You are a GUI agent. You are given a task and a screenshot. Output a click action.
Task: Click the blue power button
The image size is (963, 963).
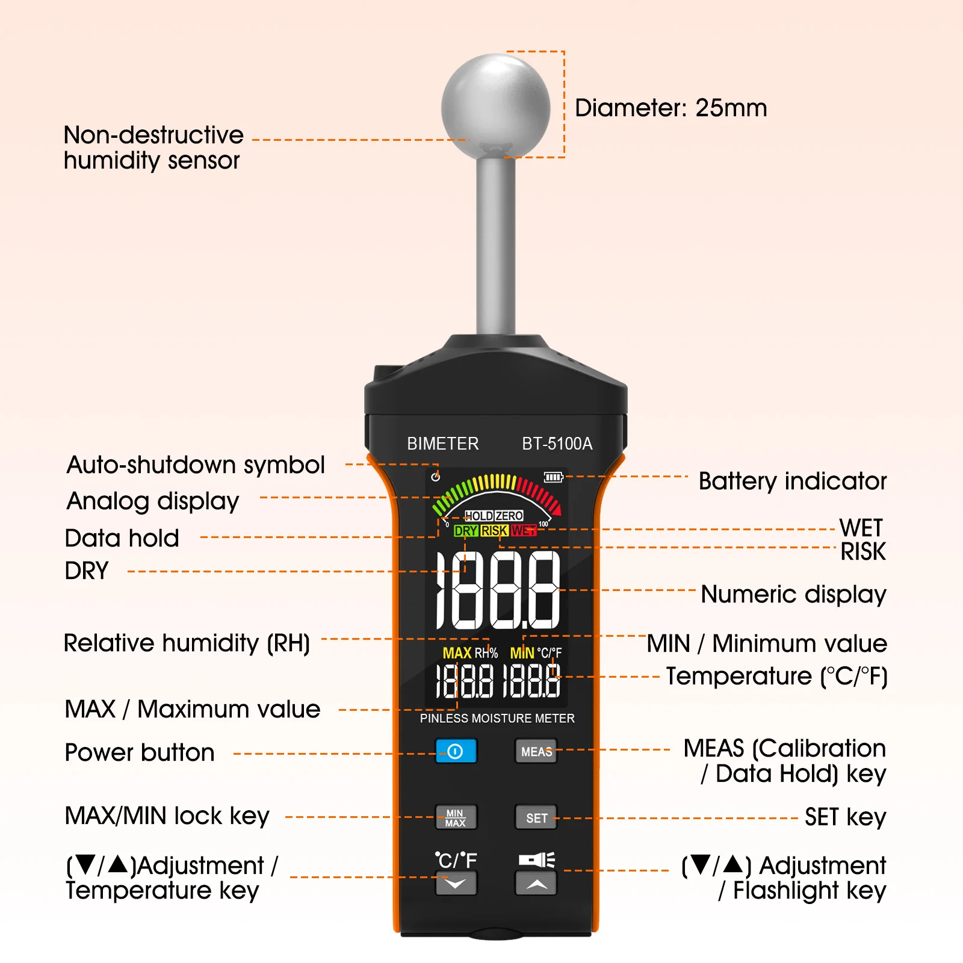[456, 751]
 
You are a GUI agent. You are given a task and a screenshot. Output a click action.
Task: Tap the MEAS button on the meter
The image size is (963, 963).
[536, 751]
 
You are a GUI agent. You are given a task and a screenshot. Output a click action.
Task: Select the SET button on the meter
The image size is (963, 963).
[536, 817]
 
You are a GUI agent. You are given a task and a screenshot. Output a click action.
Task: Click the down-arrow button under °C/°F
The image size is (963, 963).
[456, 884]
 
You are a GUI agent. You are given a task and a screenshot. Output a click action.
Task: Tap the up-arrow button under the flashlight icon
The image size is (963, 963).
[536, 884]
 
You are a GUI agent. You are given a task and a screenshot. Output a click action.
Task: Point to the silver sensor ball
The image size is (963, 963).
[496, 107]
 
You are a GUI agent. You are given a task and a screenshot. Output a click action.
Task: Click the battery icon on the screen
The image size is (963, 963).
[553, 477]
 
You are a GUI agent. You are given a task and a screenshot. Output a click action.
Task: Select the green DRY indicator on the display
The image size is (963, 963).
[466, 531]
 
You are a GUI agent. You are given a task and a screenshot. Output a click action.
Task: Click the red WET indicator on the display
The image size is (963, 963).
[524, 531]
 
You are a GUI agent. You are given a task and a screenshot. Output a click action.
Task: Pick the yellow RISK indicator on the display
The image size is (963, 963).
[494, 531]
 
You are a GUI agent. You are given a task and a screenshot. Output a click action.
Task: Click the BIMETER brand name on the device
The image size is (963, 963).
[443, 444]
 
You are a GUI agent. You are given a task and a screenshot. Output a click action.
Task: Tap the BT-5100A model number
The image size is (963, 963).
[557, 444]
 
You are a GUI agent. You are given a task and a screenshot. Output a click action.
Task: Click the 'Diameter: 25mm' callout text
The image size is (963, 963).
[671, 108]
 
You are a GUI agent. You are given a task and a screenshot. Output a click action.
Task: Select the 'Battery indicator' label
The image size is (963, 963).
[793, 482]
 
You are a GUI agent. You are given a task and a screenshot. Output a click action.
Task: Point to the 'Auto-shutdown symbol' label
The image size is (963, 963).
[196, 465]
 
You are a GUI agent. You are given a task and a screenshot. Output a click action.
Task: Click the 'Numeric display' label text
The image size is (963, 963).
[794, 595]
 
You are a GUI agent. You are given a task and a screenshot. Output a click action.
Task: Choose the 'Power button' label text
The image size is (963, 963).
[140, 752]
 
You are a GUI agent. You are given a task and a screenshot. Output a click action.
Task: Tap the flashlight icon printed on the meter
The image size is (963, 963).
[537, 859]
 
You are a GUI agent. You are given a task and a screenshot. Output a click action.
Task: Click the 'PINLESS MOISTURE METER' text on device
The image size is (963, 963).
[497, 718]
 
